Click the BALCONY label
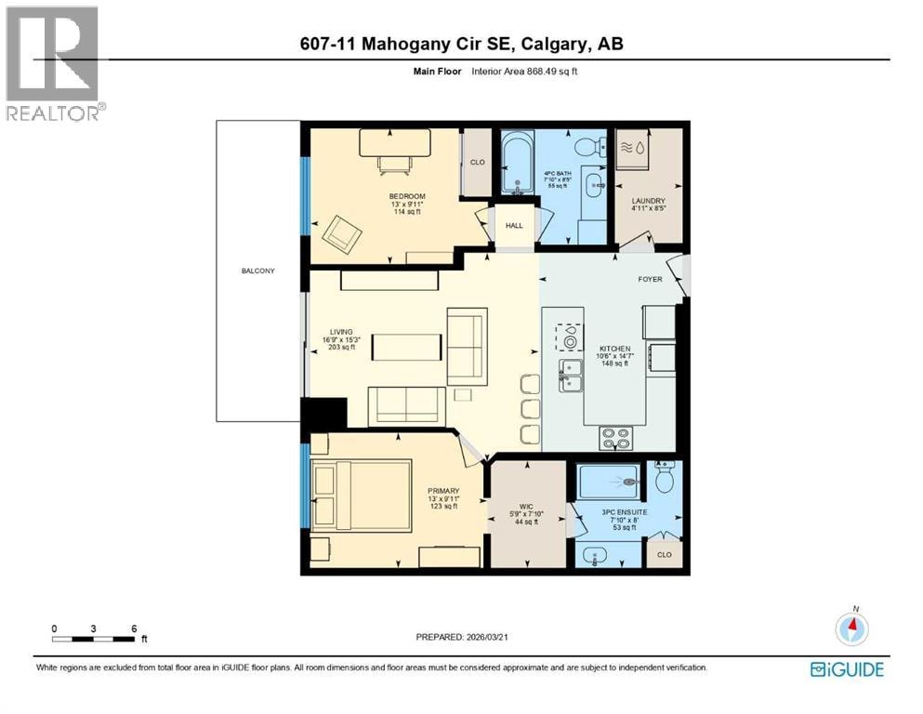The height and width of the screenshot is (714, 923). [x=257, y=271]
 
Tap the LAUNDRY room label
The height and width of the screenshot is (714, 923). [x=648, y=201]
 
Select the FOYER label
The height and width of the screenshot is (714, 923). [x=650, y=279]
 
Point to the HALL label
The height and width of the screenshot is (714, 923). [x=514, y=225]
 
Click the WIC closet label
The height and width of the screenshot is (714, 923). [x=526, y=507]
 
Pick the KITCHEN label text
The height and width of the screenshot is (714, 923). [x=615, y=349]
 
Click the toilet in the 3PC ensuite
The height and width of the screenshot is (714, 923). [x=666, y=477]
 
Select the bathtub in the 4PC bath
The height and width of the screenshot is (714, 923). [x=518, y=163]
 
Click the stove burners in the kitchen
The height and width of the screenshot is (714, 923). [x=615, y=438]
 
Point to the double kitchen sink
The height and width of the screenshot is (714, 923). [x=571, y=376]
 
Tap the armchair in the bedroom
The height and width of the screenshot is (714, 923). [x=341, y=234]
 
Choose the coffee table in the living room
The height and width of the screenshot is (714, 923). [x=407, y=348]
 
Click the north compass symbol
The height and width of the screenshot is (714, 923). [x=851, y=628]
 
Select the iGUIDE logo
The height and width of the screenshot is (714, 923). [x=847, y=670]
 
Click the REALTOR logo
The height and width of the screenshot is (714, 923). [x=53, y=63]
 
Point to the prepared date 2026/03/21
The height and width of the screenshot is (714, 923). [x=486, y=637]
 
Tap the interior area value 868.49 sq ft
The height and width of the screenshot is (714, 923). [x=551, y=72]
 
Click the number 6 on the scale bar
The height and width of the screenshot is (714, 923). [x=134, y=628]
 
